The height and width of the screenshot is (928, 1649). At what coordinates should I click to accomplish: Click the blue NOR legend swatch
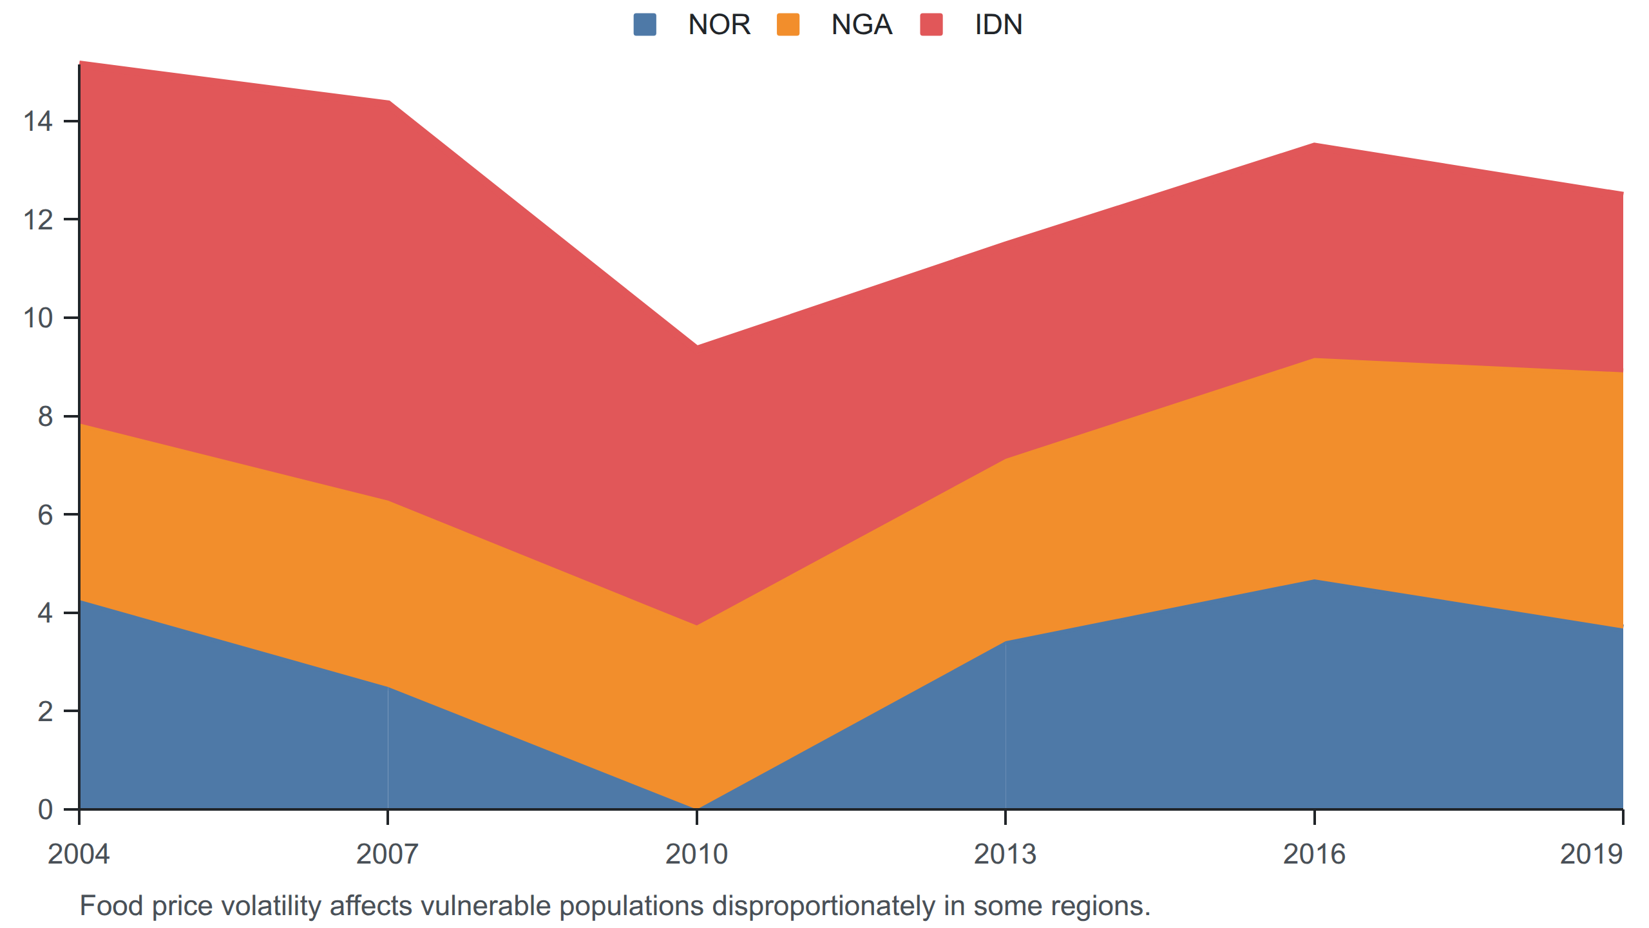[645, 24]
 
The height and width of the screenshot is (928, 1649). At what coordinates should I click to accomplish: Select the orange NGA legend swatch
[788, 24]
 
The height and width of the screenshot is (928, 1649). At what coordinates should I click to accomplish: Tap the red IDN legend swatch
[931, 24]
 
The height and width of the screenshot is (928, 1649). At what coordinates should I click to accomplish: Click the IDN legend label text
[998, 24]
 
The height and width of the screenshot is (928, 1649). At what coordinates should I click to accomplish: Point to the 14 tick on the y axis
[38, 121]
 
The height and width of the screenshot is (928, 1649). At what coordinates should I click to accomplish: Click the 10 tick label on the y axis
[38, 318]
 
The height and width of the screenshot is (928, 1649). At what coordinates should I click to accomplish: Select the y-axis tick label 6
[45, 514]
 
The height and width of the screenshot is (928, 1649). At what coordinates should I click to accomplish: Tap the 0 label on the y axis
[45, 809]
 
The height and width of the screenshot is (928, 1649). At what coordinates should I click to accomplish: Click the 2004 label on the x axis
[79, 854]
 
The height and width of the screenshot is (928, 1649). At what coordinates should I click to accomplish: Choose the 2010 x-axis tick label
[696, 854]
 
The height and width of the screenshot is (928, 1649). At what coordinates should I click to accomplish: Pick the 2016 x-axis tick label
[1314, 854]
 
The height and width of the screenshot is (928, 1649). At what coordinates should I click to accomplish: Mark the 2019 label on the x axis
[1591, 854]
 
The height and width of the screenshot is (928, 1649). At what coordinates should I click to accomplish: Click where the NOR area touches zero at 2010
[696, 809]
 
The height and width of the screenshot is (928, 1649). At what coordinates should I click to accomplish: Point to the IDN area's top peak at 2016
[1314, 143]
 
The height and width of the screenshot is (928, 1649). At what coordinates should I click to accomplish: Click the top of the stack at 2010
[696, 345]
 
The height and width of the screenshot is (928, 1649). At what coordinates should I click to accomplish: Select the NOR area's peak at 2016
[1314, 579]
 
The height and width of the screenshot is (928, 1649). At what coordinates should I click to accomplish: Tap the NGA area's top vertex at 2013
[1006, 459]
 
